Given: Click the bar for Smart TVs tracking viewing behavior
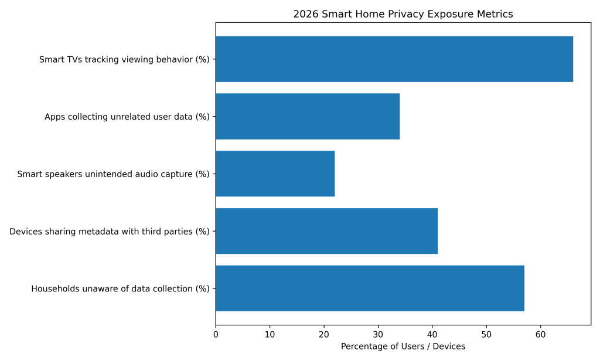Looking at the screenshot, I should pyautogui.click(x=394, y=59).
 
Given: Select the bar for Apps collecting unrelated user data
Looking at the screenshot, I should pyautogui.click(x=308, y=116).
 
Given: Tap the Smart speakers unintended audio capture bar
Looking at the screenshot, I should pyautogui.click(x=275, y=174).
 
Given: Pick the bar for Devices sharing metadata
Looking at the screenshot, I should pyautogui.click(x=326, y=231).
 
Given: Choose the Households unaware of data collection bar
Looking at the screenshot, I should pyautogui.click(x=370, y=288).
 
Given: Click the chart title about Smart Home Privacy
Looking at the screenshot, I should pyautogui.click(x=403, y=14).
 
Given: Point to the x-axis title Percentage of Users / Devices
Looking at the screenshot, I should pyautogui.click(x=403, y=347).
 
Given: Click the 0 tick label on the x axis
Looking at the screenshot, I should pyautogui.click(x=216, y=335).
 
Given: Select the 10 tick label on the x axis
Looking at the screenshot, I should pyautogui.click(x=270, y=335).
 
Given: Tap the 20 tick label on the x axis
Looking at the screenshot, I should pyautogui.click(x=324, y=335).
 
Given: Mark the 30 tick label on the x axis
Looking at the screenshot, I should pyautogui.click(x=378, y=335).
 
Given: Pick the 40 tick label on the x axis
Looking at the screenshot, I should pyautogui.click(x=432, y=335).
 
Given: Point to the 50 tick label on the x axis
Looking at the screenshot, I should pyautogui.click(x=486, y=335).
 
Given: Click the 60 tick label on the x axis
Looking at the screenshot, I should pyautogui.click(x=540, y=335).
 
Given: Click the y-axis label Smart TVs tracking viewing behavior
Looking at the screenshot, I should pyautogui.click(x=124, y=59).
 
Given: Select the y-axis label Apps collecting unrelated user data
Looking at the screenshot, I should pyautogui.click(x=127, y=117).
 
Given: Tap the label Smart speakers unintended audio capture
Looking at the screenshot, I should pyautogui.click(x=113, y=174).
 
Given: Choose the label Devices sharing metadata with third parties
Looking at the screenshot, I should pyautogui.click(x=109, y=232).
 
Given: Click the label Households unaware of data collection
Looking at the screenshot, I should pyautogui.click(x=120, y=288).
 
